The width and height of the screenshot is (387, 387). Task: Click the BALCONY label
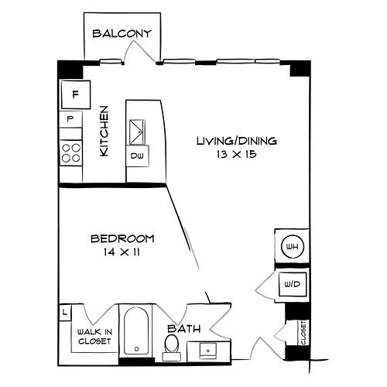coord(122,34)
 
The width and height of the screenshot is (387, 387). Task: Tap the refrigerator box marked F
coord(76,94)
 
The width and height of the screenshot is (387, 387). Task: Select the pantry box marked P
coord(70,119)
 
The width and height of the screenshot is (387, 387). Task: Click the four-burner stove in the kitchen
coord(71,152)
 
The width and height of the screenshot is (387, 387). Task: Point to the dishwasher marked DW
coord(137,156)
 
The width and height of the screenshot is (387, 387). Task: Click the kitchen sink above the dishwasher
coord(137,132)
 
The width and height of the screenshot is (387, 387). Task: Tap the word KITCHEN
coord(104,131)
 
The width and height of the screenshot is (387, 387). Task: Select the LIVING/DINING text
coord(237,141)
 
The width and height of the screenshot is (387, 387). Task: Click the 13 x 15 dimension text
coord(237,154)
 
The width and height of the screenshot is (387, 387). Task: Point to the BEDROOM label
coord(122,238)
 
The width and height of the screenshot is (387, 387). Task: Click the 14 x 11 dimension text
coord(122,252)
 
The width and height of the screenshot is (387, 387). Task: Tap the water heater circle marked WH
coord(293,246)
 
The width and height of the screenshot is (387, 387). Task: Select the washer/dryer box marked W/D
coord(293,284)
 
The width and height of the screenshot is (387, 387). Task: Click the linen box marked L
coord(65,313)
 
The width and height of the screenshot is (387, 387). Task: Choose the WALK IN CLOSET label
coord(94,337)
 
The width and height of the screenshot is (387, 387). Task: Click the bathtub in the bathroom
coord(136,330)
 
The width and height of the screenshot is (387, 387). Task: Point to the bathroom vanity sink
coord(208,351)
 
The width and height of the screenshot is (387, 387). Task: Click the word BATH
coord(184,329)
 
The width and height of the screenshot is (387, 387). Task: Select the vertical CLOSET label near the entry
coord(303,333)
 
